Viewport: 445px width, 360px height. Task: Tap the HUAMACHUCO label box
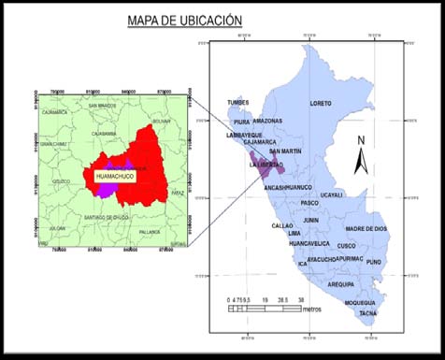(116, 174)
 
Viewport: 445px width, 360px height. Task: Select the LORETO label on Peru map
(320, 103)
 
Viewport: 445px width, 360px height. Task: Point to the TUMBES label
(237, 103)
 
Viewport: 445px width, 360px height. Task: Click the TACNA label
(369, 314)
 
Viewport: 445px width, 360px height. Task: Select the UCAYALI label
(331, 194)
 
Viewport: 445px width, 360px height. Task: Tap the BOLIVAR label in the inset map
(162, 121)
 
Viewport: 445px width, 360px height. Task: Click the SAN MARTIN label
(285, 151)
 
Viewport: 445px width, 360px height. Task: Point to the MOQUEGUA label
(360, 302)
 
